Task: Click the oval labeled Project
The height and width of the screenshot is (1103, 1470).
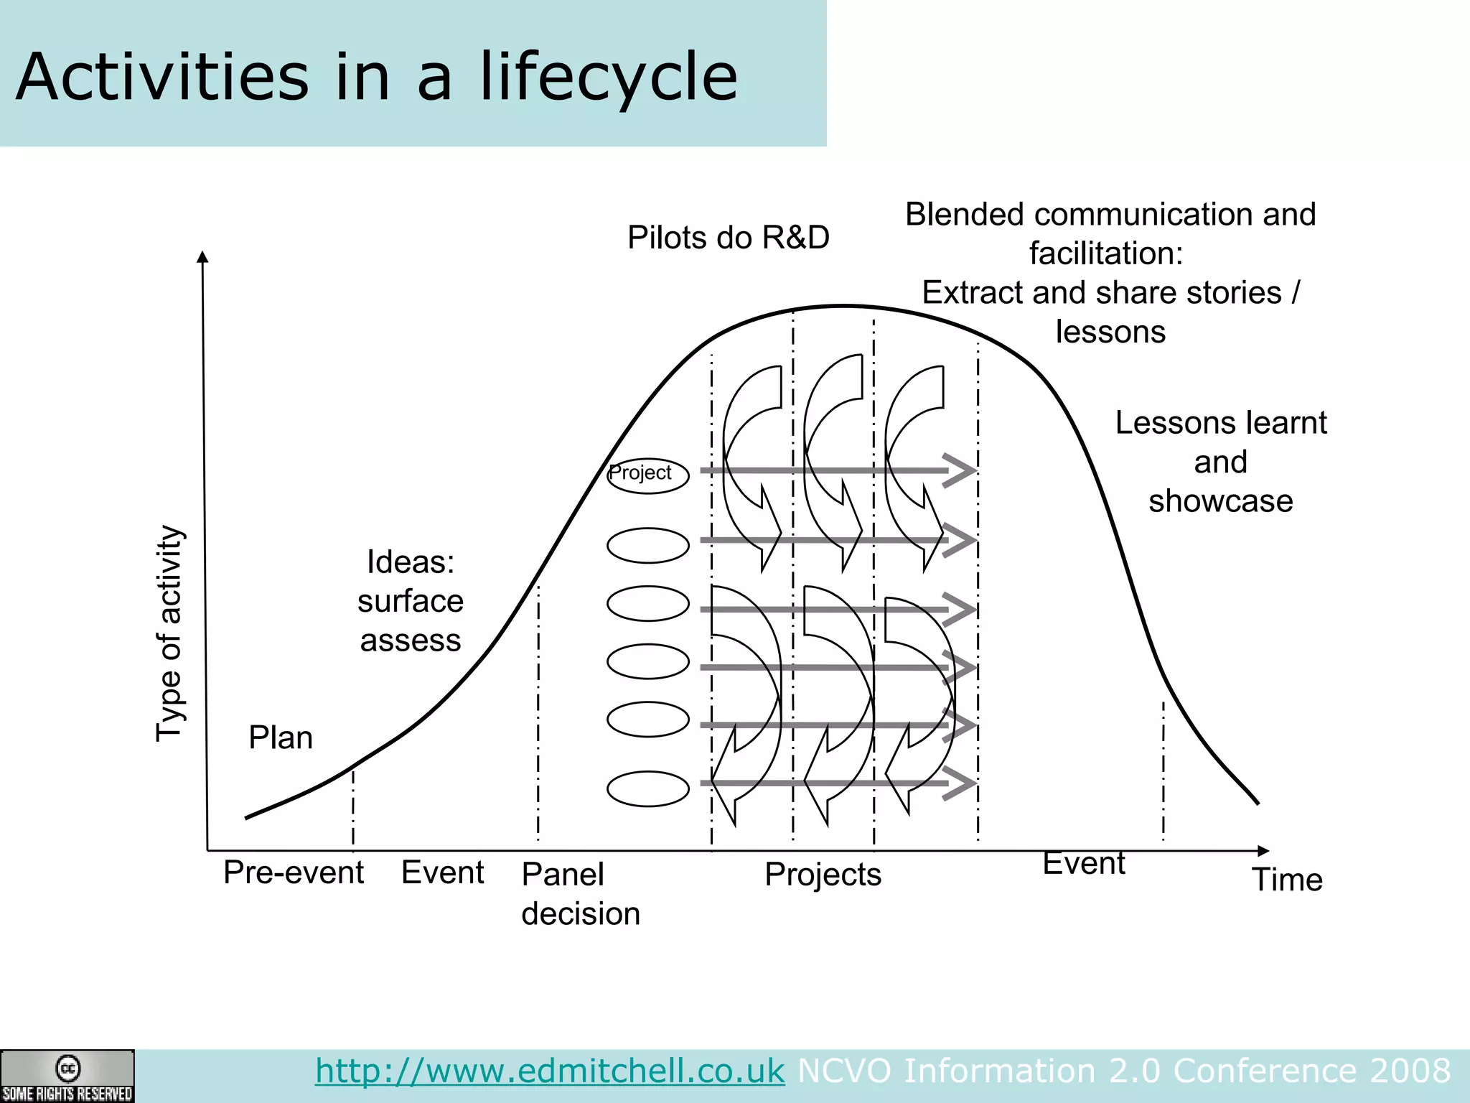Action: click(647, 475)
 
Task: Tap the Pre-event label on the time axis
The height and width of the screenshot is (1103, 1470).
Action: click(293, 872)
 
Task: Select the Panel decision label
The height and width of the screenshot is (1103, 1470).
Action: click(580, 893)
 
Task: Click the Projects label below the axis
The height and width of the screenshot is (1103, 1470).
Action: click(823, 874)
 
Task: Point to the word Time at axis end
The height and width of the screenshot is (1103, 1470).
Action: click(1287, 880)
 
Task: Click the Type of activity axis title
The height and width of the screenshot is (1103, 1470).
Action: click(170, 632)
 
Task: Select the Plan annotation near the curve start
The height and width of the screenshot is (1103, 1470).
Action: click(281, 737)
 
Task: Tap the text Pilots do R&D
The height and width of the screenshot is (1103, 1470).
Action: click(728, 238)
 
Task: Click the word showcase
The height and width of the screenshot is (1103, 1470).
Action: click(1220, 501)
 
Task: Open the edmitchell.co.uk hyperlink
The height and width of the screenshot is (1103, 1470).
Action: click(550, 1071)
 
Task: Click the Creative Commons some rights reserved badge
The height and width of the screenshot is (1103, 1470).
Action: click(67, 1076)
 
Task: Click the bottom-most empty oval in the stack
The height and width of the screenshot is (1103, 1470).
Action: click(647, 788)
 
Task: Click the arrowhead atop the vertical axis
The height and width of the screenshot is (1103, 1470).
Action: click(202, 257)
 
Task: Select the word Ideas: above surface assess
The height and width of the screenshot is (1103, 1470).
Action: click(411, 562)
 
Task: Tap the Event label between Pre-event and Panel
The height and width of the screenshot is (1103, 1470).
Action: click(442, 872)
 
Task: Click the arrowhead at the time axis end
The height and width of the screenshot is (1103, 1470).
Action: click(1263, 851)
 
